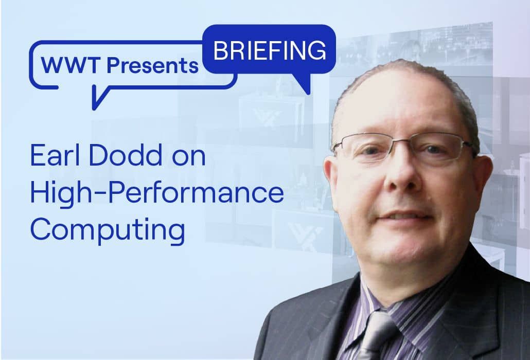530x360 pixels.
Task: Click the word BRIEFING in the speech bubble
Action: (x=269, y=50)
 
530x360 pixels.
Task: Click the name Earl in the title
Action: (x=56, y=156)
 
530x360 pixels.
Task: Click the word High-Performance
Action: (x=157, y=194)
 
